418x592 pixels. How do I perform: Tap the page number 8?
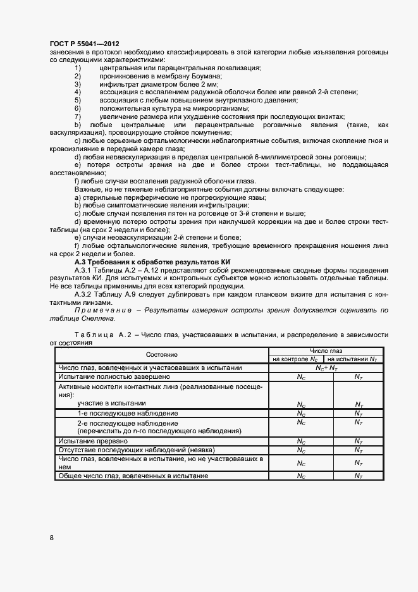click(52, 538)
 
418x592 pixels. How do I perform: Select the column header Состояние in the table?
click(163, 355)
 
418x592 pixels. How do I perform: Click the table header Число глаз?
click(326, 350)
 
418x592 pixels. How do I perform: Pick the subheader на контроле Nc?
click(301, 359)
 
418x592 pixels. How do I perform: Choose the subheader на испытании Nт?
click(359, 359)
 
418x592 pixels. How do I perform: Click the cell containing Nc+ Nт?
click(326, 367)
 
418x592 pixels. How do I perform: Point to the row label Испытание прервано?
click(93, 441)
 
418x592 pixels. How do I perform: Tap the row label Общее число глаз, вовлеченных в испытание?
click(133, 475)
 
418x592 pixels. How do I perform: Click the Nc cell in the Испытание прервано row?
click(301, 441)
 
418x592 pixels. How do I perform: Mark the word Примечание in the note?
click(102, 311)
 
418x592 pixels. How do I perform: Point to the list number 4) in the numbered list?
click(78, 92)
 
